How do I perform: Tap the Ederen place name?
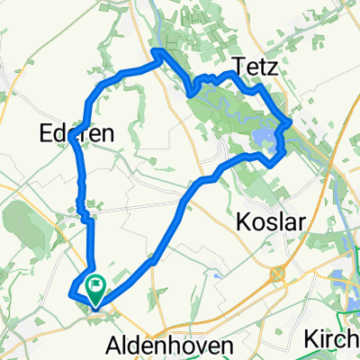coord(76,133)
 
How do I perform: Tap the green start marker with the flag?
coord(95,287)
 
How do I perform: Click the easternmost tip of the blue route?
coord(290,121)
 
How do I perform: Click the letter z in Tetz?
coord(267,67)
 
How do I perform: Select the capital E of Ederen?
coord(48,133)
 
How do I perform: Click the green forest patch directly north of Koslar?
coord(261,184)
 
